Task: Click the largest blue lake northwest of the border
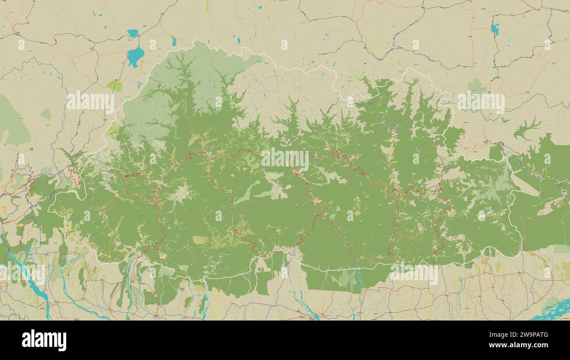(135, 56)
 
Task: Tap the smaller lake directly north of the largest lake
(132, 33)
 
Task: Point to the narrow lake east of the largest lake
(174, 42)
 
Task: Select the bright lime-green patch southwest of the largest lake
(115, 86)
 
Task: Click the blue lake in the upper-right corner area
(495, 29)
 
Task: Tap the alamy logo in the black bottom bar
(44, 341)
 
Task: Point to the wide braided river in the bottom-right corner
(553, 310)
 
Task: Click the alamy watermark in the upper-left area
(90, 102)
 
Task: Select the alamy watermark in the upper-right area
(481, 102)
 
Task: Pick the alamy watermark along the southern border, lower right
(414, 274)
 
